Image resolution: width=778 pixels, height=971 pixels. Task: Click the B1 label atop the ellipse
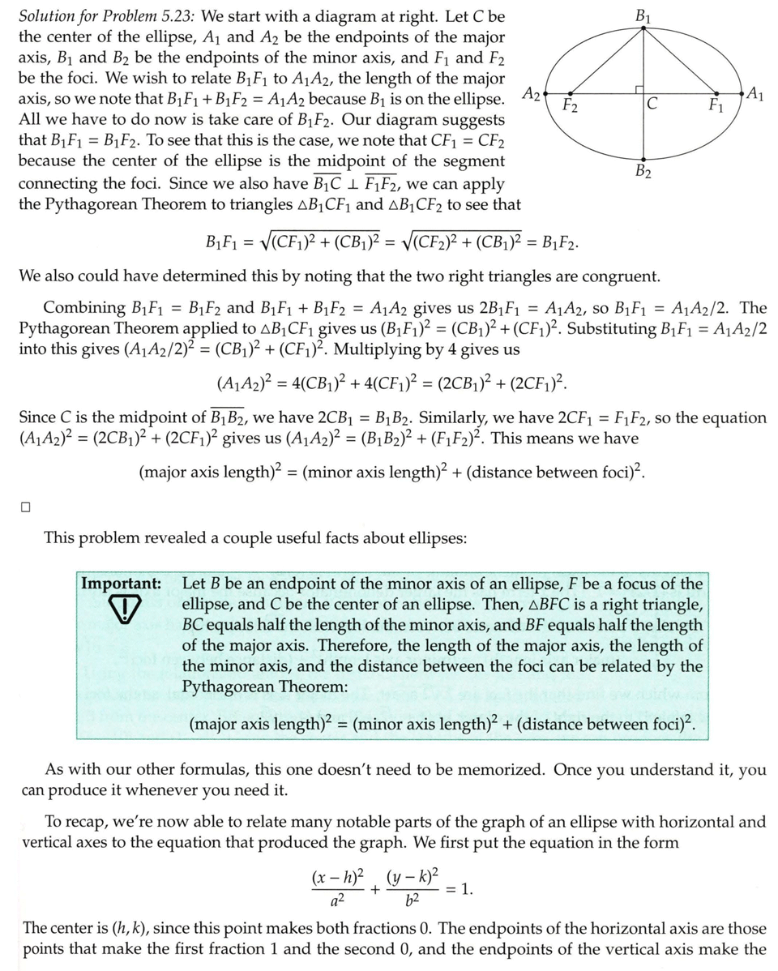coord(644,14)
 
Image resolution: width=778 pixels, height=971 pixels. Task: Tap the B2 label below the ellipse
coord(643,172)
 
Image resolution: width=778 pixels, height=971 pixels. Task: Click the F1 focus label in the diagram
coord(715,105)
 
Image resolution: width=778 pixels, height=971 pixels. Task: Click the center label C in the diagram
coord(652,105)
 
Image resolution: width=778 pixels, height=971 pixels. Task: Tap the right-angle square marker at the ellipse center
coord(639,88)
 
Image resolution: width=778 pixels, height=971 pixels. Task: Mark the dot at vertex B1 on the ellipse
coord(643,28)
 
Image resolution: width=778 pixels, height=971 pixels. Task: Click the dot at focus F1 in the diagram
coord(716,93)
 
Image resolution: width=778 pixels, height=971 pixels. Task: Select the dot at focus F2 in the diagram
coord(571,93)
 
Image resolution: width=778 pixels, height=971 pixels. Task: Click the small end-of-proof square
coord(25,508)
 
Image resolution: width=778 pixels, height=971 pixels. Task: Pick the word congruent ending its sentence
coord(623,276)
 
